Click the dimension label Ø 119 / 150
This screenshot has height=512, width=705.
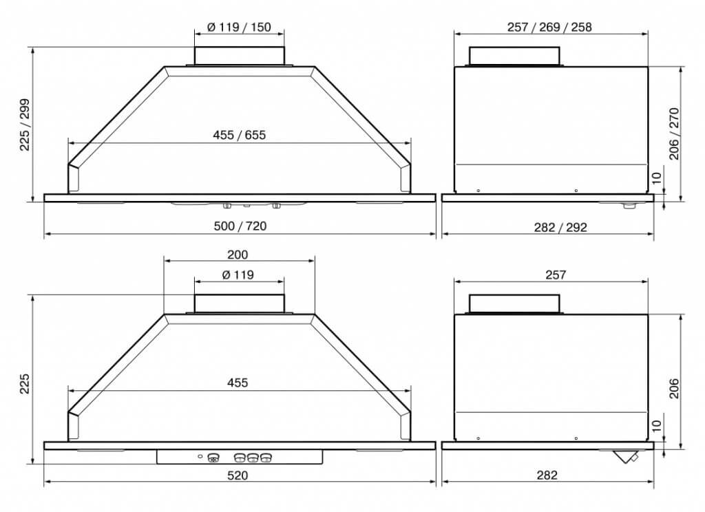(x=239, y=28)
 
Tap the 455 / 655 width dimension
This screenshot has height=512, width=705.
(x=239, y=135)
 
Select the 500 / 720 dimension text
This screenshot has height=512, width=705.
(x=240, y=226)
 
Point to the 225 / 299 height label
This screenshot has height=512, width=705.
(x=25, y=125)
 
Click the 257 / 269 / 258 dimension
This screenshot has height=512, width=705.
(x=549, y=28)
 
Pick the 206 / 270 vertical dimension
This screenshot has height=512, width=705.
(x=674, y=134)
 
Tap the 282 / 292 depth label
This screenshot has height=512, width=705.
(x=560, y=228)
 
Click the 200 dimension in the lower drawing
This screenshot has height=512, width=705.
(x=238, y=255)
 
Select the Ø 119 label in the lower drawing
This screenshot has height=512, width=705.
(x=238, y=275)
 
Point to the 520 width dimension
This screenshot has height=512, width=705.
(x=238, y=476)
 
